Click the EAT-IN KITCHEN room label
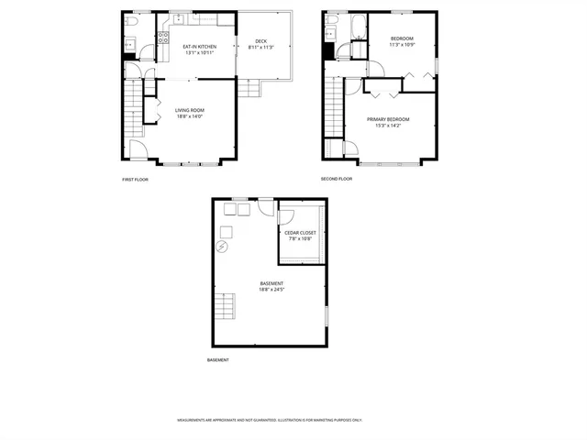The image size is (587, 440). (x=199, y=46)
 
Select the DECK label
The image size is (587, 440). (x=260, y=41)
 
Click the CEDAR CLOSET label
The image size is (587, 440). (x=300, y=233)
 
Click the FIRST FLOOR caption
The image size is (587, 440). (x=135, y=180)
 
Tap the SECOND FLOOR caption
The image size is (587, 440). (x=337, y=180)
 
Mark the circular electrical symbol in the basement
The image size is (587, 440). (x=222, y=247)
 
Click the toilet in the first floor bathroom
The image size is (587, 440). (x=131, y=20)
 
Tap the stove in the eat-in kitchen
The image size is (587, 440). (x=163, y=38)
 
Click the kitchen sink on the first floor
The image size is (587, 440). (x=180, y=19)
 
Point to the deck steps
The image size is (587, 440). (x=249, y=88)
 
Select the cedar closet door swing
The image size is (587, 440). (x=284, y=217)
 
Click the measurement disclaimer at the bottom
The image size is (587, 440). (x=270, y=421)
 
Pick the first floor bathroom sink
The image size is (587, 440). (x=130, y=43)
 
